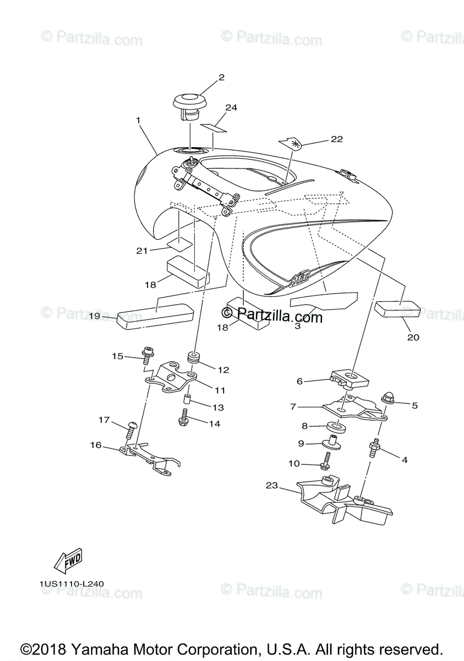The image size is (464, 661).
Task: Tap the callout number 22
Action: pyautogui.click(x=336, y=139)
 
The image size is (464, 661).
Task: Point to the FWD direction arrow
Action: pyautogui.click(x=68, y=562)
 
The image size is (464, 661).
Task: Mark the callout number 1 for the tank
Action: pyautogui.click(x=138, y=119)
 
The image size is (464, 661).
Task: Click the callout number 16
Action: pyautogui.click(x=96, y=445)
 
